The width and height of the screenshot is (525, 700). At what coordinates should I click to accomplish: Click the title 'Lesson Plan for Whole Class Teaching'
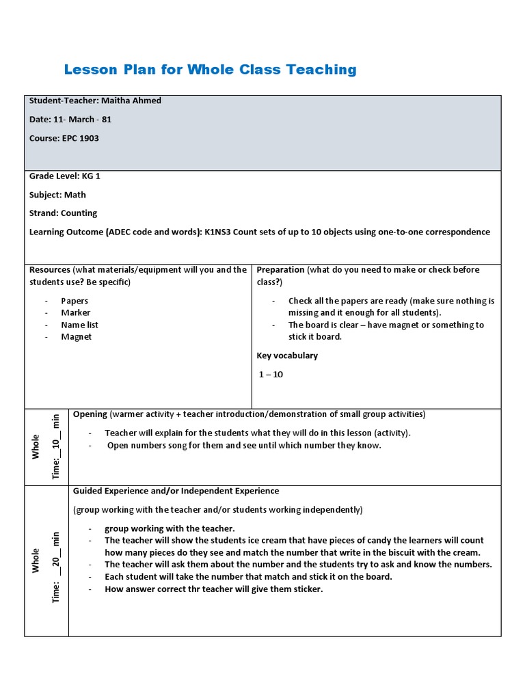210,69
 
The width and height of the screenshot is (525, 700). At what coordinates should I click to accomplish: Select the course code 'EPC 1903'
81,138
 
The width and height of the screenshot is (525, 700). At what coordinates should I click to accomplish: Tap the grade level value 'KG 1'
92,176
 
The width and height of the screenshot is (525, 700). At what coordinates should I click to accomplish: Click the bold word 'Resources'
50,269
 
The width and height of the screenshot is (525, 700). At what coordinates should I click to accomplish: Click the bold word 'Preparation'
280,269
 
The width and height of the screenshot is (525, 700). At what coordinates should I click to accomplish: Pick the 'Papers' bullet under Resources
75,301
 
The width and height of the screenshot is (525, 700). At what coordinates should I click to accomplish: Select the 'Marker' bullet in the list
75,312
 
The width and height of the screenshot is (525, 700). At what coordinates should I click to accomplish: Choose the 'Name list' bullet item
79,325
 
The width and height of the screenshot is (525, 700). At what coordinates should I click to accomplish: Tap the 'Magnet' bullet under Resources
76,336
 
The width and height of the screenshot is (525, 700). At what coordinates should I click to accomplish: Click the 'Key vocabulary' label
287,355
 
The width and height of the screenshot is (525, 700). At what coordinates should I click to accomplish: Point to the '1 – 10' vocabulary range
271,374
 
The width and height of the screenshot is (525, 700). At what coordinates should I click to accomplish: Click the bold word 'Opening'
90,414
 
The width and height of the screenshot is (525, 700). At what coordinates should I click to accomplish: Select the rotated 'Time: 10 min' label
56,446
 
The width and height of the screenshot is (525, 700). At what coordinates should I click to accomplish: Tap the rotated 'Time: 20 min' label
56,567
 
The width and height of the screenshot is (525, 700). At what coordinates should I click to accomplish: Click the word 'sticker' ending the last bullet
306,589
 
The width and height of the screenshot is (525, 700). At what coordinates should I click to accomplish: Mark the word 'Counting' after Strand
79,213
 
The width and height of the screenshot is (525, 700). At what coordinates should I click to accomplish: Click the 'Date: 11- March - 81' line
70,119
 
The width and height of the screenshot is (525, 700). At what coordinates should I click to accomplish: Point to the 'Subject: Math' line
57,194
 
